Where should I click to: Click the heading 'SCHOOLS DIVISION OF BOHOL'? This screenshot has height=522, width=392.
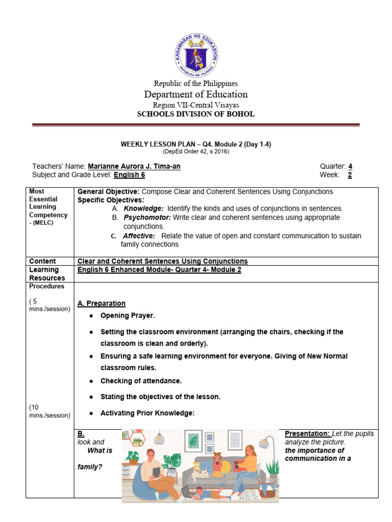coord(195,114)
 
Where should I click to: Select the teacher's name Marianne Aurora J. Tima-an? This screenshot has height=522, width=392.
coord(134,167)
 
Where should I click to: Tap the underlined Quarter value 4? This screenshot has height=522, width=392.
coord(350,167)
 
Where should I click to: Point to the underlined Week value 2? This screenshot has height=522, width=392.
coord(350,175)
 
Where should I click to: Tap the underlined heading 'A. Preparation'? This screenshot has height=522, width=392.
coord(101,303)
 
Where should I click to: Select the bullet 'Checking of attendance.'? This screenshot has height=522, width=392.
coord(141,381)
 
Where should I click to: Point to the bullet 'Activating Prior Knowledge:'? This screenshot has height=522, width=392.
coord(148,413)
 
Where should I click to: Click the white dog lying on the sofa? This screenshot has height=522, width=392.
coord(204,473)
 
